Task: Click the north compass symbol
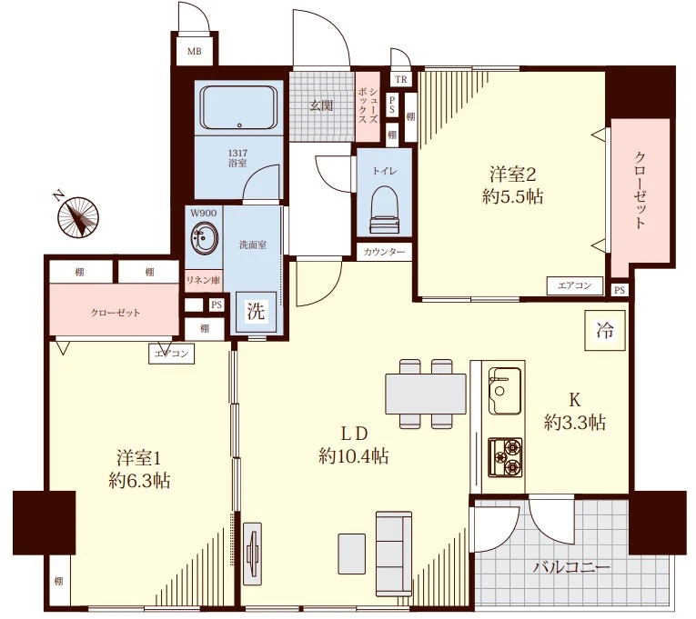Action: tap(78, 216)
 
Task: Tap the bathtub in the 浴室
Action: tap(238, 107)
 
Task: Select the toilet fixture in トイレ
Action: tap(384, 209)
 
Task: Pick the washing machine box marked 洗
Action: tap(256, 312)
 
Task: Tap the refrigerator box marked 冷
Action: tap(604, 330)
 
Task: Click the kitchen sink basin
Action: tap(504, 390)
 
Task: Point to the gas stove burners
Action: tap(506, 455)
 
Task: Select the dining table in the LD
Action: tap(426, 394)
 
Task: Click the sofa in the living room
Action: tap(394, 554)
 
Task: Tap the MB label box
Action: tap(194, 51)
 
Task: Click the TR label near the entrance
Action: tap(401, 79)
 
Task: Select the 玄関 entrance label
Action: tap(321, 105)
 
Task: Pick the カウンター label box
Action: tap(384, 253)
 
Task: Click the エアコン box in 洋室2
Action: tap(575, 286)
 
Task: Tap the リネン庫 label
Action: tap(203, 280)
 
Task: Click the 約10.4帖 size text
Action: tap(353, 455)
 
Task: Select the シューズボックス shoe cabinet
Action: tap(368, 106)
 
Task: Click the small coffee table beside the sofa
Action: tap(352, 554)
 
